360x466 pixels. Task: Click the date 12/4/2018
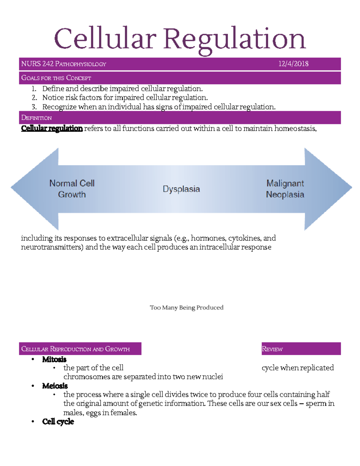coord(293,64)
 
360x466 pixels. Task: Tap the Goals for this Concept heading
coord(56,78)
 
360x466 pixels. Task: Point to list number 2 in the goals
coord(34,98)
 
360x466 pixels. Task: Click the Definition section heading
coord(36,118)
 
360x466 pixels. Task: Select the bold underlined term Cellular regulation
coord(52,128)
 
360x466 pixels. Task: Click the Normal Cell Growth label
coord(72,189)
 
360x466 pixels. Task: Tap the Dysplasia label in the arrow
coord(181,189)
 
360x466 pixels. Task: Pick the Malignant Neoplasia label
coord(285,189)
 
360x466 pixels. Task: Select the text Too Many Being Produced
coord(187,308)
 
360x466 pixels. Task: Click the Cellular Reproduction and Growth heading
coord(75,349)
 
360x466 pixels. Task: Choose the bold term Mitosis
coord(54,359)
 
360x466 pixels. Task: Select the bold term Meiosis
coord(55,386)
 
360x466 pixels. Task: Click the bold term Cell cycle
coord(58,422)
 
